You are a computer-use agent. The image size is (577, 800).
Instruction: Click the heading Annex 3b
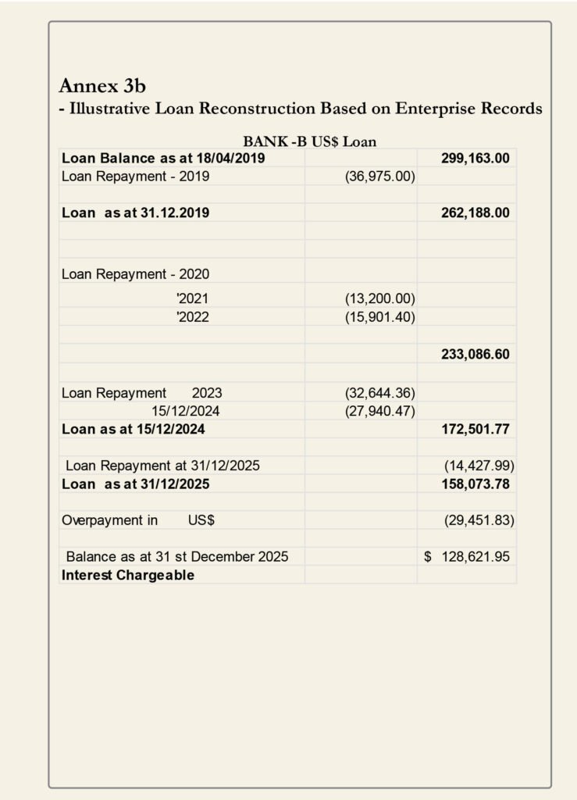click(102, 86)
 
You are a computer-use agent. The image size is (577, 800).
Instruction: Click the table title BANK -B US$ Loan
click(310, 141)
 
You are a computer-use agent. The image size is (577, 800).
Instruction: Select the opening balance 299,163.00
click(475, 159)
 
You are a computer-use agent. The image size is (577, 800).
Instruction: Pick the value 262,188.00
click(475, 212)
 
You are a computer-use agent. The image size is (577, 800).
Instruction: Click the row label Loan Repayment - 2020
click(135, 274)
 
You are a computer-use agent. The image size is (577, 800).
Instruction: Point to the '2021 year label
click(193, 298)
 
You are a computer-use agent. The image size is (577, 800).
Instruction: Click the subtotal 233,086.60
click(475, 354)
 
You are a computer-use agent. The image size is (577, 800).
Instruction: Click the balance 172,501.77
click(475, 428)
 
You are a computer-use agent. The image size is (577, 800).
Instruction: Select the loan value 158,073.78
click(475, 484)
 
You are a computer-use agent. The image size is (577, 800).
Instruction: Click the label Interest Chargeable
click(128, 576)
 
